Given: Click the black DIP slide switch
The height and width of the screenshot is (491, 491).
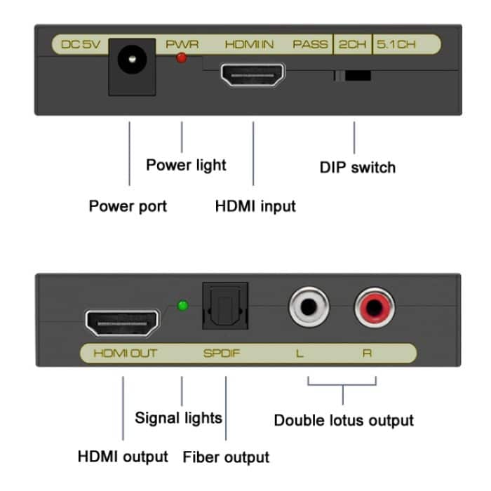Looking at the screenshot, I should pyautogui.click(x=353, y=74).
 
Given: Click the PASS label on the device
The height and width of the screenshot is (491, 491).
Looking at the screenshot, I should pyautogui.click(x=310, y=44).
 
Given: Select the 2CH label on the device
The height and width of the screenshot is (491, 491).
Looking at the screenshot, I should pyautogui.click(x=352, y=44).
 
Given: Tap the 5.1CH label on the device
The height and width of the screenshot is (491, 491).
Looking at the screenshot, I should pyautogui.click(x=396, y=44).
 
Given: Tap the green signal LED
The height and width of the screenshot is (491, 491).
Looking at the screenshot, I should pyautogui.click(x=182, y=306).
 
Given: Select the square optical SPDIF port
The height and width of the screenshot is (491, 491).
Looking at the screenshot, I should pyautogui.click(x=225, y=307).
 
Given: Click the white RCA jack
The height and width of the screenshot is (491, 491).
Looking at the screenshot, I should pyautogui.click(x=307, y=306).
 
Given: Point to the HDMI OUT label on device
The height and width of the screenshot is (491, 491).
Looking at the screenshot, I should pyautogui.click(x=125, y=353).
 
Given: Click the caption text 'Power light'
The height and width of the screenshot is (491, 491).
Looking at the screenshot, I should pyautogui.click(x=186, y=165).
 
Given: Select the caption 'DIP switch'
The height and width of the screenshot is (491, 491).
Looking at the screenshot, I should pyautogui.click(x=357, y=167).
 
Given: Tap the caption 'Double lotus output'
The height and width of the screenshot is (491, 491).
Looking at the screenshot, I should pyautogui.click(x=344, y=420).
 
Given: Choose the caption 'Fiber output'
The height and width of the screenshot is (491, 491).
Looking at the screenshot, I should pyautogui.click(x=226, y=457).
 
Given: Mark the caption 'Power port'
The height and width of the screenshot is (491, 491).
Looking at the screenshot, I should pyautogui.click(x=128, y=206).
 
